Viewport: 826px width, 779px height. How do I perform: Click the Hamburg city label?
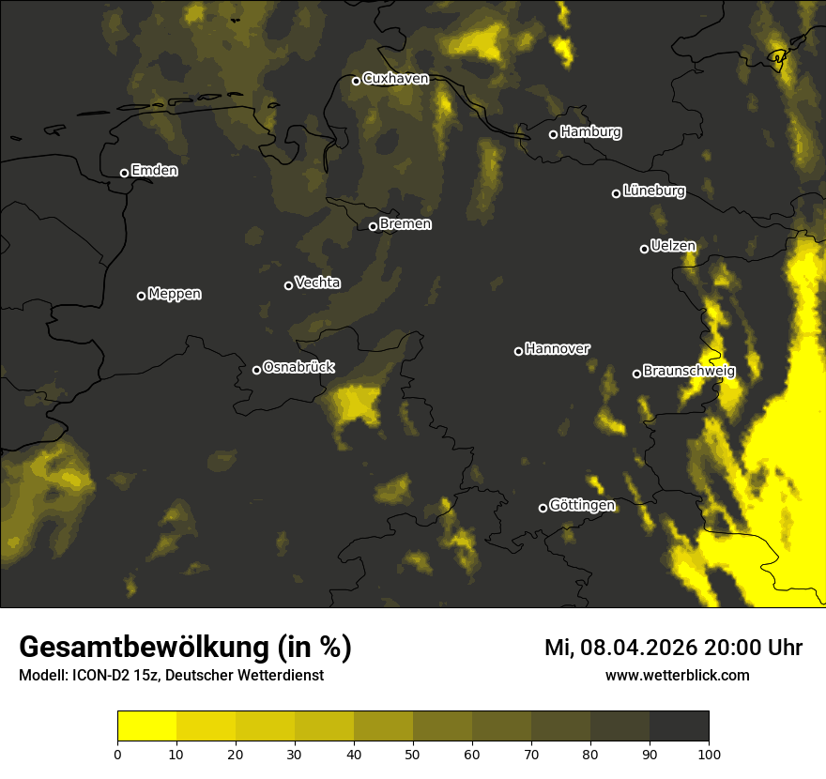coord(590,132)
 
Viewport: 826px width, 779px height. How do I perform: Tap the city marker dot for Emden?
coord(124,173)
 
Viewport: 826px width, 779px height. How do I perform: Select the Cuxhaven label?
coord(395,79)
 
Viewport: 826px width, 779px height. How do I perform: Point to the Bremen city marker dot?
coord(373,226)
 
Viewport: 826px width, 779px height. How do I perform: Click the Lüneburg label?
coord(653,191)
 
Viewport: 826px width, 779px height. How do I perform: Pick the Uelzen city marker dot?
coord(644,249)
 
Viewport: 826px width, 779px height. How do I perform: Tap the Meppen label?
coord(175,294)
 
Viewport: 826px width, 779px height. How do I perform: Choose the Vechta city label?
coord(317,283)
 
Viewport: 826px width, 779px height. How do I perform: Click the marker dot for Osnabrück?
coord(256,370)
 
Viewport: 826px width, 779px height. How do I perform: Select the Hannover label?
coord(558,349)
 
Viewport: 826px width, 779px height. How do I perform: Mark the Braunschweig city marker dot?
coord(636,374)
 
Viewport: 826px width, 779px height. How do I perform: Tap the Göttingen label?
coord(582,506)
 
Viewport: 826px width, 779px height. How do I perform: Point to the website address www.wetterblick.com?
coord(677,675)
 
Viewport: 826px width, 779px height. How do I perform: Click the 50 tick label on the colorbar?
coord(413,754)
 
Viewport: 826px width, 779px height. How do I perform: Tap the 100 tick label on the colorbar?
coord(708,754)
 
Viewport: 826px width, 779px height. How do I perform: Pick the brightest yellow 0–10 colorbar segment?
coord(146,726)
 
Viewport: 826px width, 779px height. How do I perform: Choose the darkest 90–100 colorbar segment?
coord(679,726)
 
